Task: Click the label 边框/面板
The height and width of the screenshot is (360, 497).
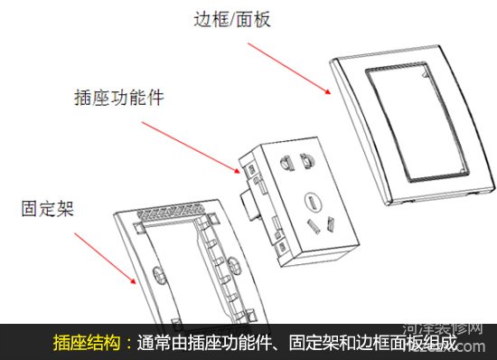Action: tap(232, 19)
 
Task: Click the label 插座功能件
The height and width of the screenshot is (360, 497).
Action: tap(119, 98)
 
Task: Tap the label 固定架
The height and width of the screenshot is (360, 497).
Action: tap(48, 208)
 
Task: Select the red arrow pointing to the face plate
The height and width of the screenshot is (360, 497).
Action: tap(289, 69)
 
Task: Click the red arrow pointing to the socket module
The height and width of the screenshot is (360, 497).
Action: tap(191, 147)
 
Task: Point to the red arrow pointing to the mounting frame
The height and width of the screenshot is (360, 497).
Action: tap(105, 258)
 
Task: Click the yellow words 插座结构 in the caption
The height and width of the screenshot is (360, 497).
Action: tap(87, 343)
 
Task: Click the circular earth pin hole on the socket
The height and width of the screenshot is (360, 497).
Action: tap(312, 202)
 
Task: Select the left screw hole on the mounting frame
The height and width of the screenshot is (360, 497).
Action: tap(160, 274)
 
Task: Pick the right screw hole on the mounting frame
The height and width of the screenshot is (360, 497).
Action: tap(234, 264)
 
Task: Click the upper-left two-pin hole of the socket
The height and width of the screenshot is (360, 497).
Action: tap(286, 163)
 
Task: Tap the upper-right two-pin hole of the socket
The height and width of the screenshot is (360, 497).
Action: tap(307, 161)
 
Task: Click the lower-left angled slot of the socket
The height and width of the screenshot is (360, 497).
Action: tap(313, 227)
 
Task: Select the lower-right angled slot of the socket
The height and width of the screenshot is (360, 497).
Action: tap(331, 224)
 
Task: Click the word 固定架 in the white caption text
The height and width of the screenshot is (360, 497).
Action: tap(314, 343)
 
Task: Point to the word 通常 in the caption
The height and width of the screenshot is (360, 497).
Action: tap(154, 343)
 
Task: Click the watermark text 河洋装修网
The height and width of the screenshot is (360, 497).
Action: tap(443, 328)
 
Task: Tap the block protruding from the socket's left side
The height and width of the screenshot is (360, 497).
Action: tap(248, 205)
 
